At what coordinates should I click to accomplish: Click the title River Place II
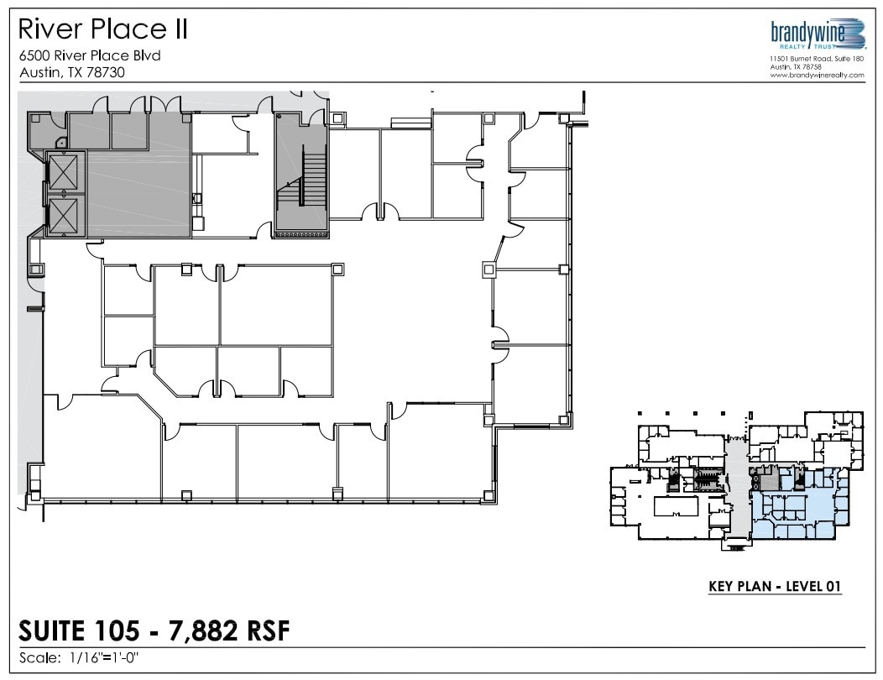tap(102, 30)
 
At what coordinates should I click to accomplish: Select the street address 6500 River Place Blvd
tap(89, 56)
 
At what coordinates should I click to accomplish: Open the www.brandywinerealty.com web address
tap(817, 75)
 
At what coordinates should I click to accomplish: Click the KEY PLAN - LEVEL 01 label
tap(775, 586)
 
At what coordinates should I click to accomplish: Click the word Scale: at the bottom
tap(39, 657)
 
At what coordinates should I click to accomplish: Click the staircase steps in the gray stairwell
tap(312, 180)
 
